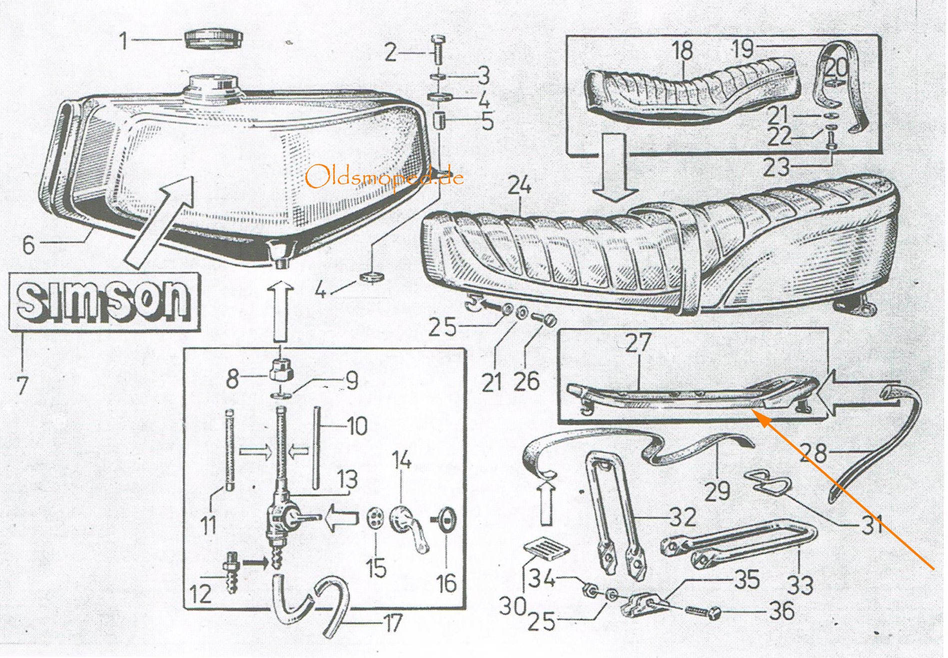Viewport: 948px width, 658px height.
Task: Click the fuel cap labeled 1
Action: [x=213, y=38]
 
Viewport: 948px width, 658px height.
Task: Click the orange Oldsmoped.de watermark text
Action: [x=384, y=177]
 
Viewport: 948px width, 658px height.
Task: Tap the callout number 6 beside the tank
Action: [x=28, y=245]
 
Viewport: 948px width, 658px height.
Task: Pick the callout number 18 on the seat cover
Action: [x=683, y=50]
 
